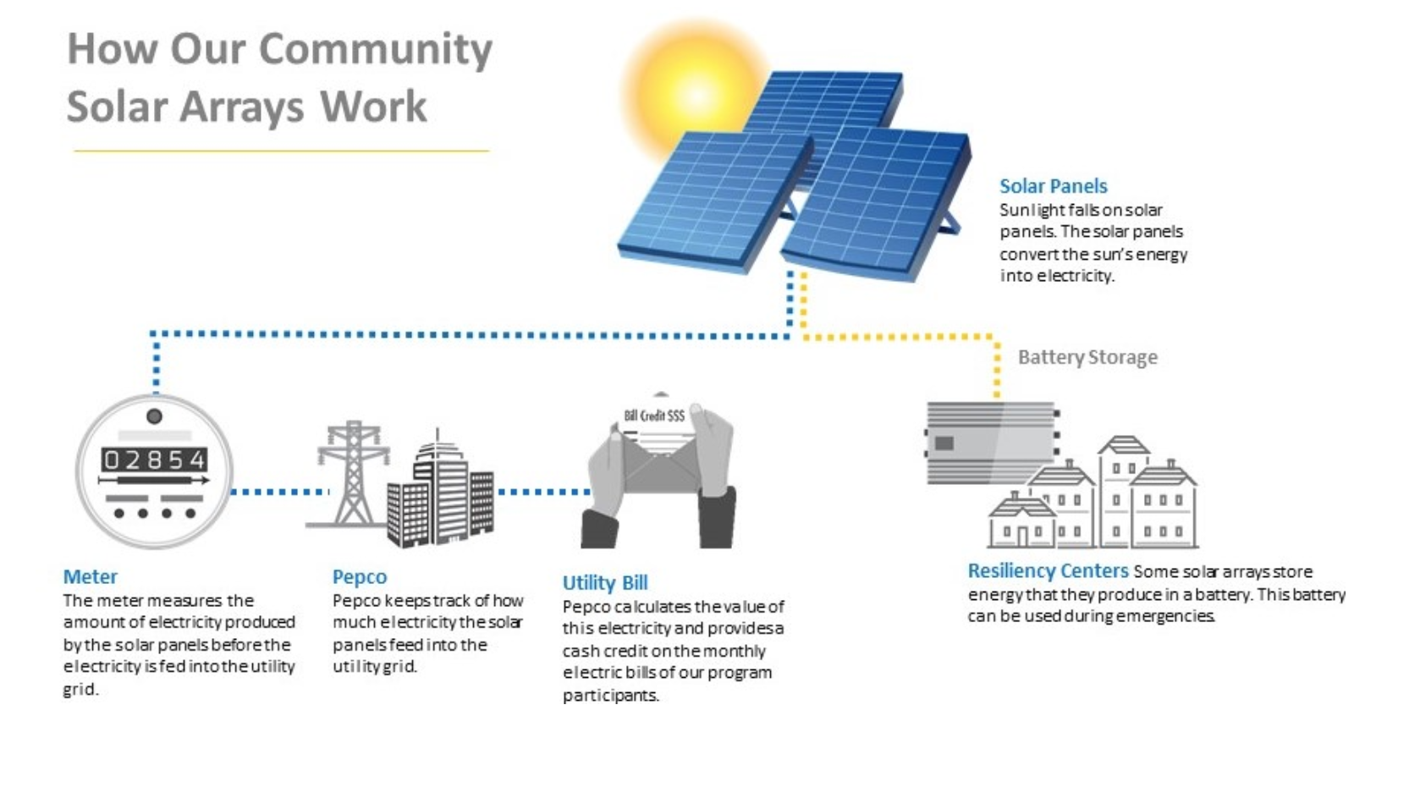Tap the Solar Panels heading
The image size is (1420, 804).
click(1053, 186)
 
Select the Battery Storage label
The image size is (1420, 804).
click(1087, 357)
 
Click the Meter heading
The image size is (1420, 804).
click(90, 576)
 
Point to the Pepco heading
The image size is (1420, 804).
click(360, 577)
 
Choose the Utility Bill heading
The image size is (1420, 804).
click(605, 582)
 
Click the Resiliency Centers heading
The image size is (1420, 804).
click(1048, 570)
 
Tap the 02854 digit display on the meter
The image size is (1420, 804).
click(154, 459)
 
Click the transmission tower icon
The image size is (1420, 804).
click(353, 473)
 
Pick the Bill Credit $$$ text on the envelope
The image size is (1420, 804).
click(654, 416)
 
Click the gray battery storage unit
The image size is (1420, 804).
click(991, 443)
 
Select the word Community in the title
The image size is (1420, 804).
click(375, 49)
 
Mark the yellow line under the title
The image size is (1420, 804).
click(282, 151)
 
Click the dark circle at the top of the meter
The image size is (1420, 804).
click(154, 416)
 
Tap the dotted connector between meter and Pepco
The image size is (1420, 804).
click(279, 492)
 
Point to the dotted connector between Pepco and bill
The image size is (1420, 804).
click(544, 492)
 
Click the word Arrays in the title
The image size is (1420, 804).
click(241, 107)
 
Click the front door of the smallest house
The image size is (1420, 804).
click(1022, 537)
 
